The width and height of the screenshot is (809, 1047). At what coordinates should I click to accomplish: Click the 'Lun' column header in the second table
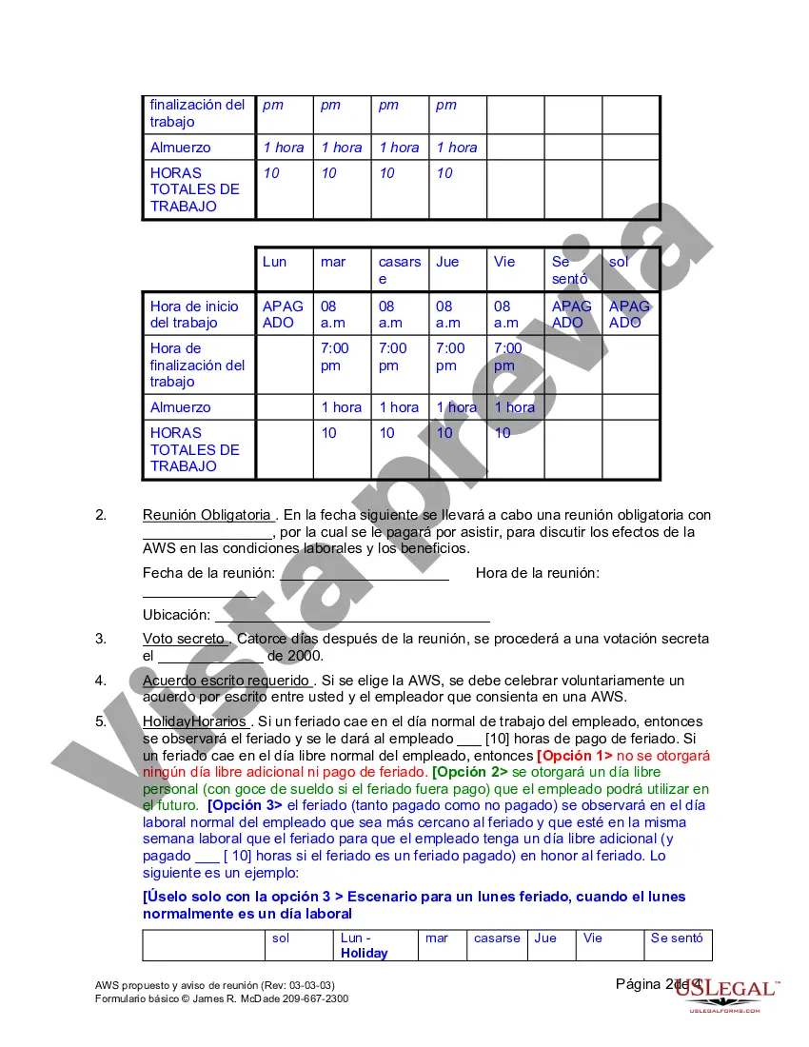[x=274, y=262]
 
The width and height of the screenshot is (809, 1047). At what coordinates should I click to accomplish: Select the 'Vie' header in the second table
[x=503, y=262]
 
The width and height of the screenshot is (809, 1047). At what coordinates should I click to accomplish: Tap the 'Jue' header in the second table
[x=447, y=262]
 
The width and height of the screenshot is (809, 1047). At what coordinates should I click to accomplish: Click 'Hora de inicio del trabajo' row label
[x=194, y=314]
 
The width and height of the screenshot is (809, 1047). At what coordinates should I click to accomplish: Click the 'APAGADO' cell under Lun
[x=283, y=314]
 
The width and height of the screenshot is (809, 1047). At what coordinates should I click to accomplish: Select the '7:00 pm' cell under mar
[x=335, y=356]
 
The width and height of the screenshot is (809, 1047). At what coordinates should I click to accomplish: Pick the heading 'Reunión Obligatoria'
[x=207, y=515]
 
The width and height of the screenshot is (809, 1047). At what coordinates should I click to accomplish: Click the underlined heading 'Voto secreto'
[x=185, y=639]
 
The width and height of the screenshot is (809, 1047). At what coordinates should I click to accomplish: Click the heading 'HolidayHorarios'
[x=194, y=721]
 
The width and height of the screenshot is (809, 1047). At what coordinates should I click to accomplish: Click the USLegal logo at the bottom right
[x=729, y=993]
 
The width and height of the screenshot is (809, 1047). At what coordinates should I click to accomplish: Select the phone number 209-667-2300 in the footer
[x=315, y=998]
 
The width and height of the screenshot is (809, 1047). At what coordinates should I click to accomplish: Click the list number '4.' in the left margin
[x=101, y=681]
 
